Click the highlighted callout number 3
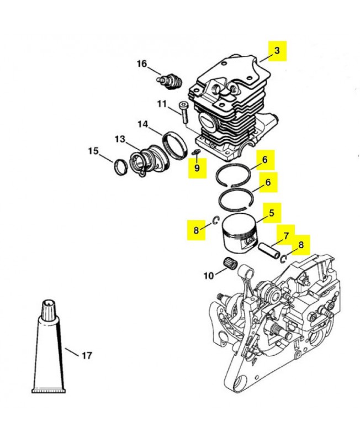277,51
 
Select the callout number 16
142,64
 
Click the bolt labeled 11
184,112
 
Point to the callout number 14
143,124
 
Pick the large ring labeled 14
174,145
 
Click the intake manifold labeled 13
149,162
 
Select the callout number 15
93,151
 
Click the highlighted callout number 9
197,168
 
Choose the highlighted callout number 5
272,213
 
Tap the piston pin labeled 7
269,250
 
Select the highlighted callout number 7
285,235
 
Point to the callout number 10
209,276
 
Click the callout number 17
87,355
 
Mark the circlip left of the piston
216,220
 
